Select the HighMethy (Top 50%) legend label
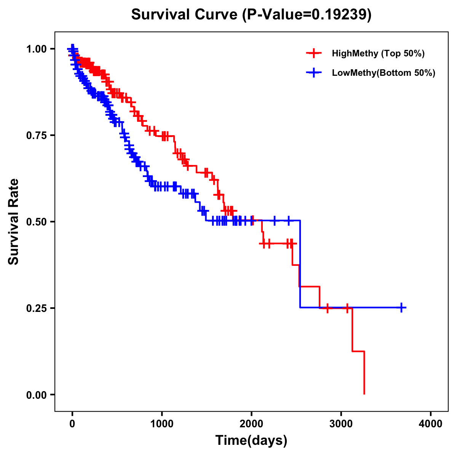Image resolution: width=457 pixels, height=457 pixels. tap(378, 53)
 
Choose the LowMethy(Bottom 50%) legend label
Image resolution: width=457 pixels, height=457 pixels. tap(383, 73)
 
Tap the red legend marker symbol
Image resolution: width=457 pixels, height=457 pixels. tap(314, 53)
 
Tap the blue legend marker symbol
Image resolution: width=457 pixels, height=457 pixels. tap(314, 73)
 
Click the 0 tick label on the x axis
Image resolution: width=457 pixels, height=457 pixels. tap(72, 424)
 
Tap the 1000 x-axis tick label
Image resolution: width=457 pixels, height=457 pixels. tap(162, 424)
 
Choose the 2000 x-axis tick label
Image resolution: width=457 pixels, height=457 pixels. tap(251, 424)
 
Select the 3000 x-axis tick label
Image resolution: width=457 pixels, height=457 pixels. tap(341, 424)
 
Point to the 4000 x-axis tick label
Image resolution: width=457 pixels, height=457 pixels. tap(431, 424)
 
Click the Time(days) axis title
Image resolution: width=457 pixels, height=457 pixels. tap(251, 441)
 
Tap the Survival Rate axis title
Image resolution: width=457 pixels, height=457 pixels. tap(14, 222)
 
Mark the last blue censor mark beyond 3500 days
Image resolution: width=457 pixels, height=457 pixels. tap(401, 307)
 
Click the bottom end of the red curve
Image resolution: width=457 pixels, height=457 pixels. tap(364, 394)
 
